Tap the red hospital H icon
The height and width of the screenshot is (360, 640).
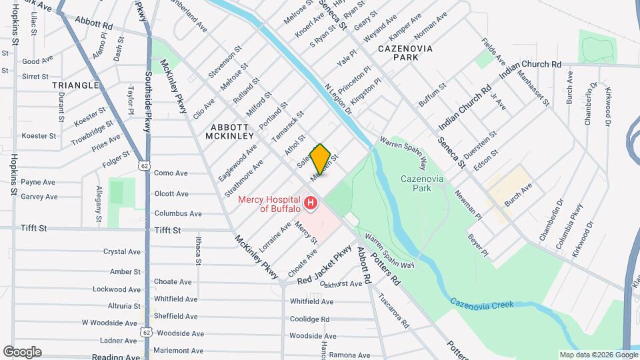tap(311, 201)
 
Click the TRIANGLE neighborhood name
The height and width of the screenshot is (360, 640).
tap(75, 85)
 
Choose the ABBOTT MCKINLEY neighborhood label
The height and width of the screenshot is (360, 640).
tap(233, 131)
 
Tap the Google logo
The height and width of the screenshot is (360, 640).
tap(22, 351)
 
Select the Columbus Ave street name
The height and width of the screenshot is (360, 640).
tap(178, 214)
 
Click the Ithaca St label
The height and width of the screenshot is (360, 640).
tap(199, 249)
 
